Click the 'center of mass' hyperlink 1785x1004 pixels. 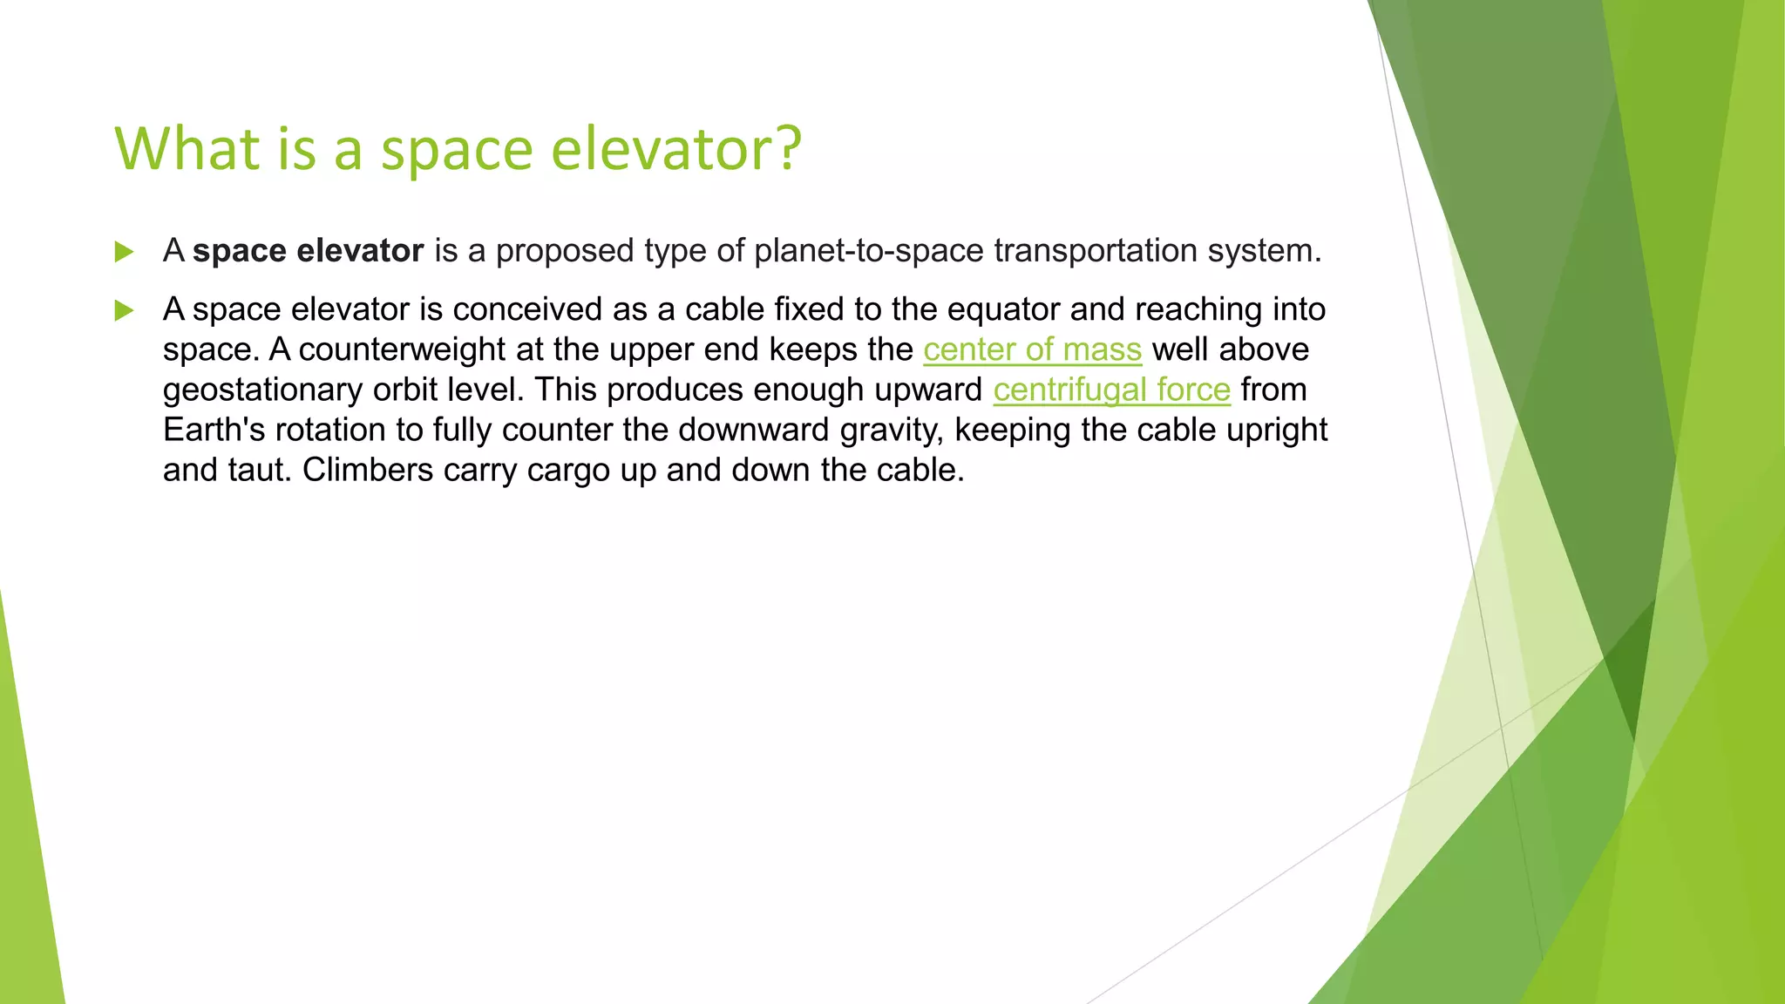tap(1032, 349)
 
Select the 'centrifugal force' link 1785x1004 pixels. tap(1111, 390)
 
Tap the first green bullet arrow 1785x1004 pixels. tap(125, 253)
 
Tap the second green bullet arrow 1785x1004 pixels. tap(125, 310)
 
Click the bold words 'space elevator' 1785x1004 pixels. tap(308, 251)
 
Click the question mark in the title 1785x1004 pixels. tap(788, 148)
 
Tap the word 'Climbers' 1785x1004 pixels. tap(367, 470)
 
